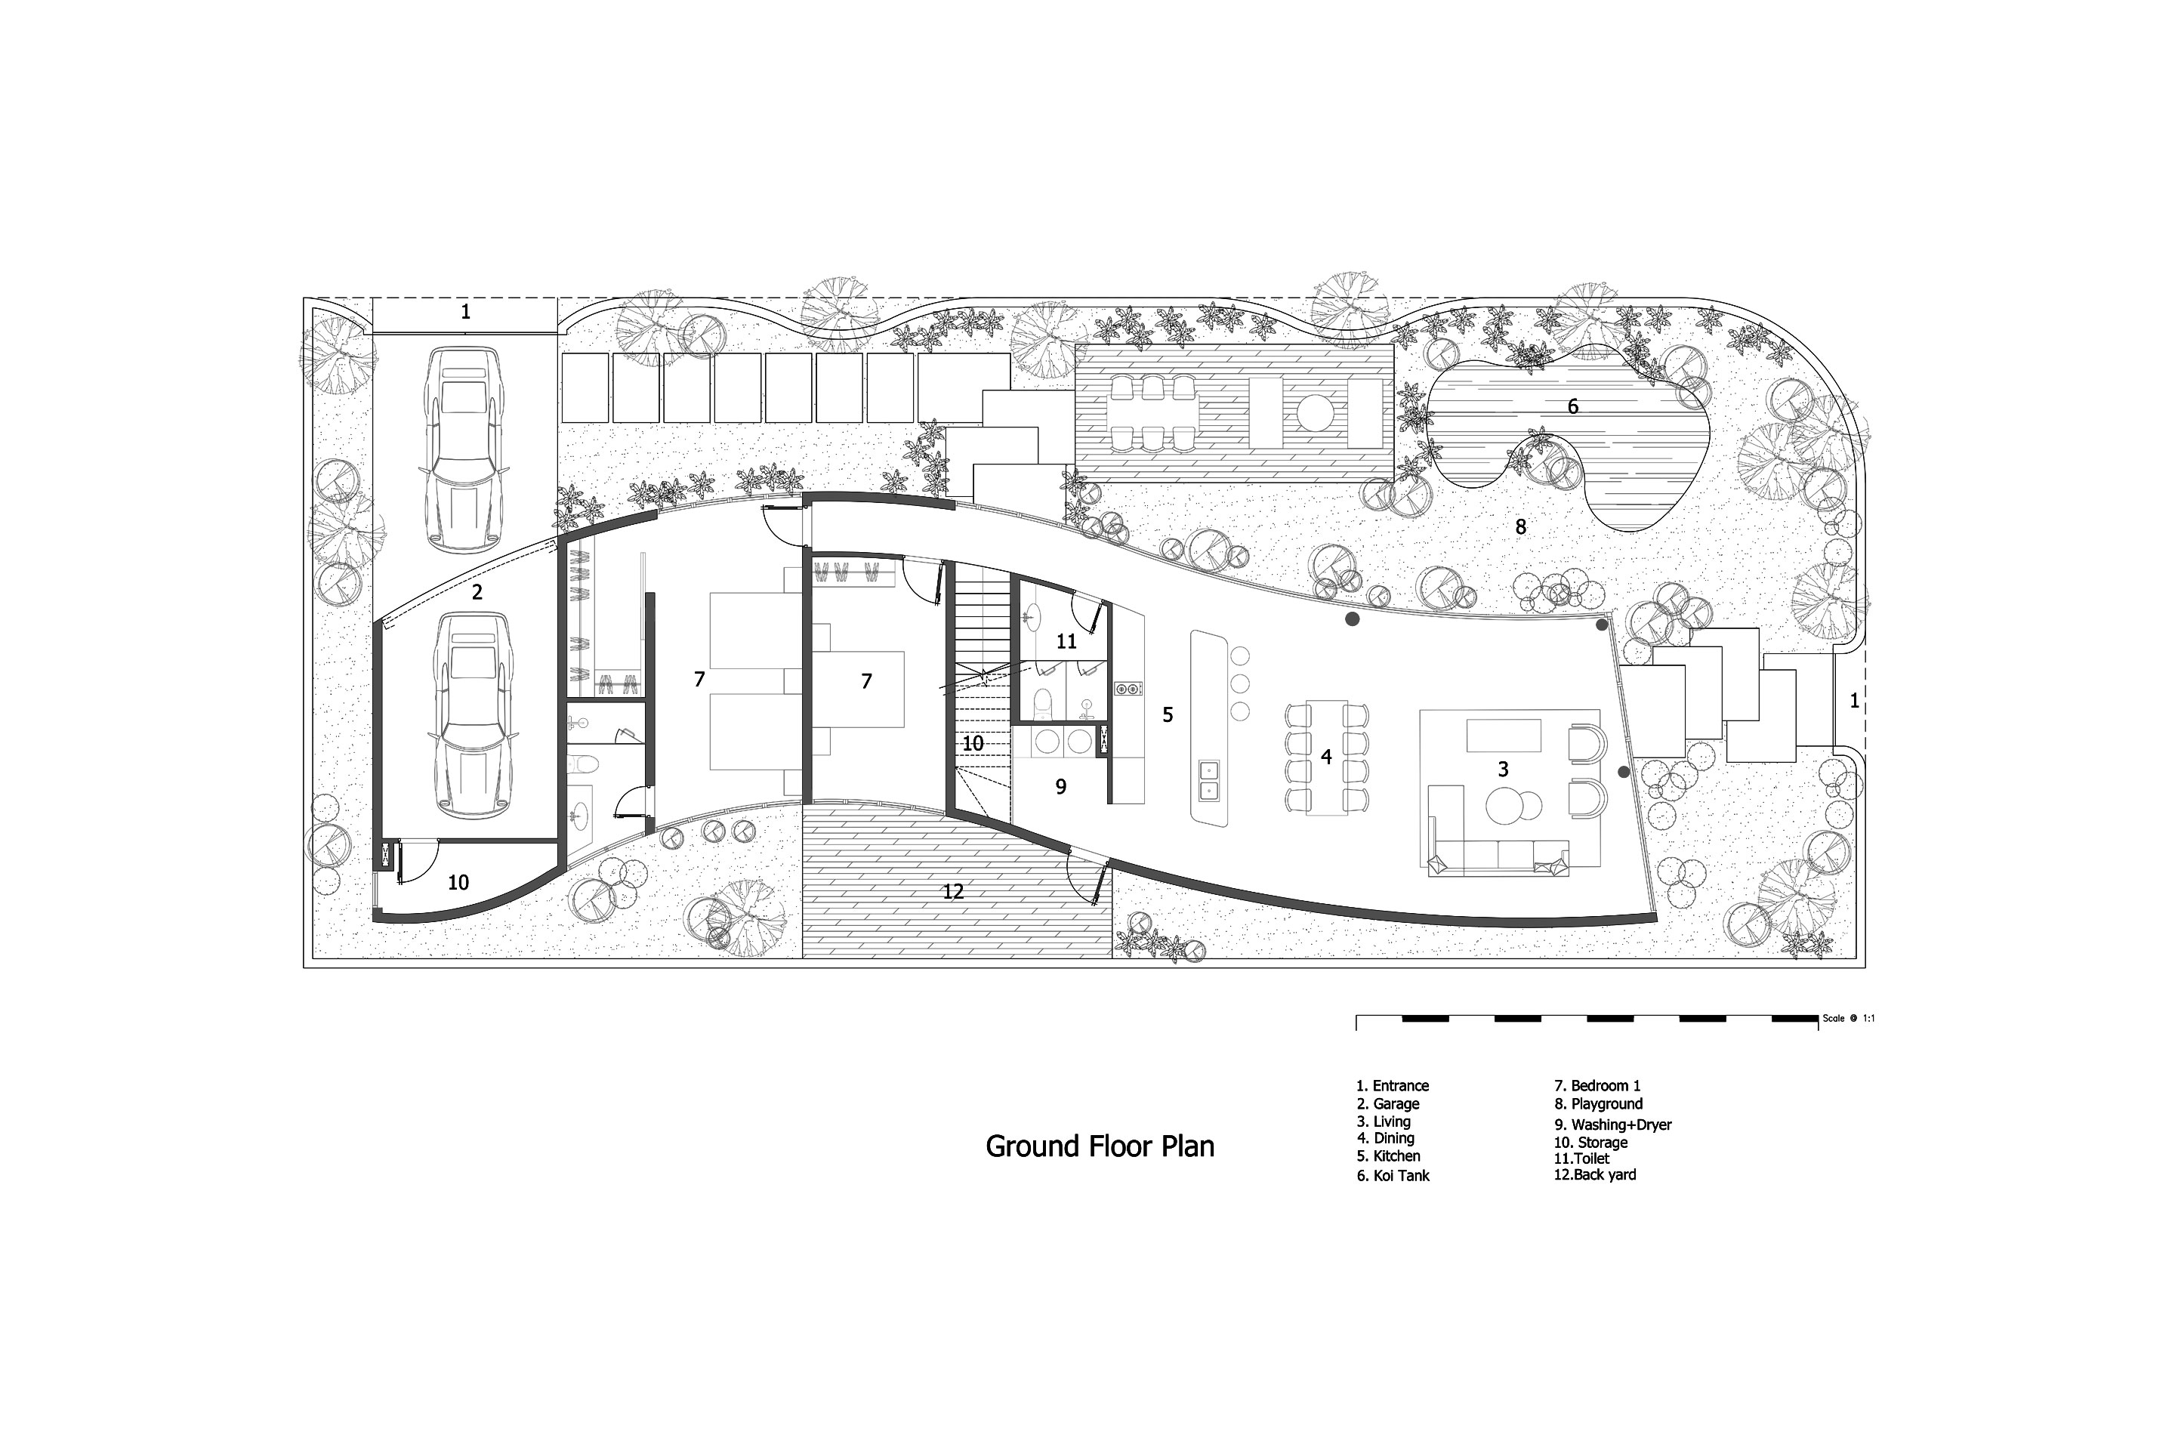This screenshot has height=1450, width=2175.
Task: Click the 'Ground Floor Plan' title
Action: [x=1100, y=1146]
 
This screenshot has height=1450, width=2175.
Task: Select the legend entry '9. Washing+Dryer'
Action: [x=1613, y=1125]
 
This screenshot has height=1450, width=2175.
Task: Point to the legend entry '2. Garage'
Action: [x=1388, y=1104]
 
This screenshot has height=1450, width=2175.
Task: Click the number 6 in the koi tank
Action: [x=1573, y=406]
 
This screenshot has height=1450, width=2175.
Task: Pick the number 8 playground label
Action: [x=1520, y=527]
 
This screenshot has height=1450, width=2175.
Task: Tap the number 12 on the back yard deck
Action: [x=953, y=891]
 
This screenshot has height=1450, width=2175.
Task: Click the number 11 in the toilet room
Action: [x=1066, y=641]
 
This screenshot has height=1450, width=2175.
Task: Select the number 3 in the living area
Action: [x=1503, y=769]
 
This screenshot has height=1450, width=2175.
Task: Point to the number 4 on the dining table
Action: [x=1326, y=757]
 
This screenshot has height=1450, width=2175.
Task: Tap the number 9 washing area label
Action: [x=1060, y=786]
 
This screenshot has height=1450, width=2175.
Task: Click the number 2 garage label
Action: [x=477, y=593]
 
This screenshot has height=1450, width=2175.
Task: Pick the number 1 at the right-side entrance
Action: [x=1854, y=701]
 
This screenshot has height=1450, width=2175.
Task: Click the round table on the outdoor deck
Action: [x=1314, y=412]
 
